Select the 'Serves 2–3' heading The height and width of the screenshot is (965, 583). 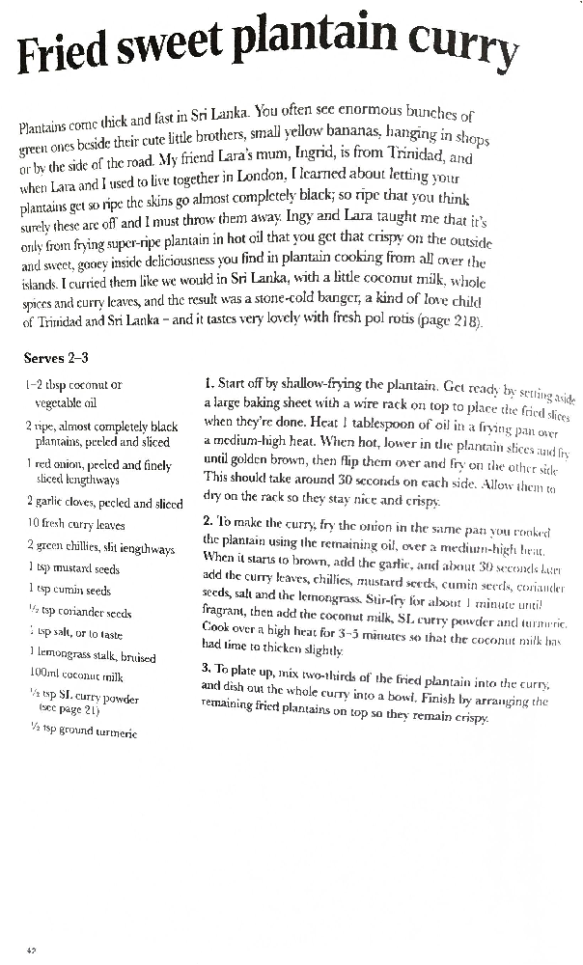(56, 358)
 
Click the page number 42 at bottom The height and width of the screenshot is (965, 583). (31, 951)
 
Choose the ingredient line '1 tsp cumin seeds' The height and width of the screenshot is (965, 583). (69, 591)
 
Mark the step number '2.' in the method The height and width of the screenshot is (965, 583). (208, 519)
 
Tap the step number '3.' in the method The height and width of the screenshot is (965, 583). (207, 667)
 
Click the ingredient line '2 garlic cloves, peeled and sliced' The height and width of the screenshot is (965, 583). (104, 503)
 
